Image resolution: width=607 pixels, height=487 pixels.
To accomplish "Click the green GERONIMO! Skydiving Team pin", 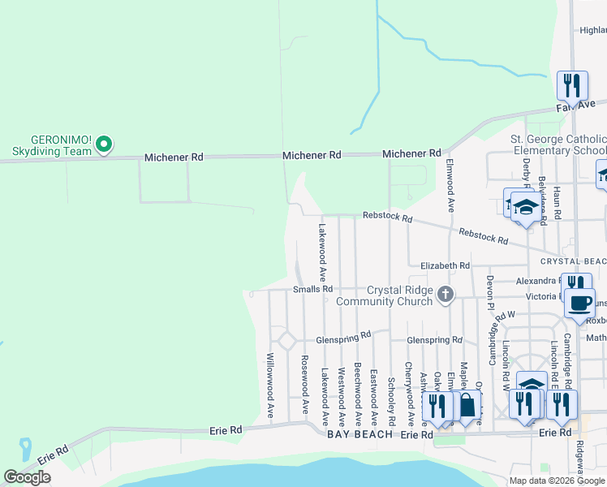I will (x=103, y=145).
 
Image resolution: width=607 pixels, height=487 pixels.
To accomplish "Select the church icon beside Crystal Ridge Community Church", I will (x=445, y=295).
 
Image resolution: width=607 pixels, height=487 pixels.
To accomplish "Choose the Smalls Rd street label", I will (x=313, y=289).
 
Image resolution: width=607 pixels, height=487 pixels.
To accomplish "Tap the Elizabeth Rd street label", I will (x=445, y=265).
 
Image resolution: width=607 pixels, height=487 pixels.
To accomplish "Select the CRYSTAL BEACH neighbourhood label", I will (x=574, y=261).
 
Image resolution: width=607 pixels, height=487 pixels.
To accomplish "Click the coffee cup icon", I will (x=579, y=303).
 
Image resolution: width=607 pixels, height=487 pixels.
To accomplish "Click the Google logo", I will (x=27, y=477).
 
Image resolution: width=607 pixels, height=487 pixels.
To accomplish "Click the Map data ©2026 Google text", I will (x=557, y=481).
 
